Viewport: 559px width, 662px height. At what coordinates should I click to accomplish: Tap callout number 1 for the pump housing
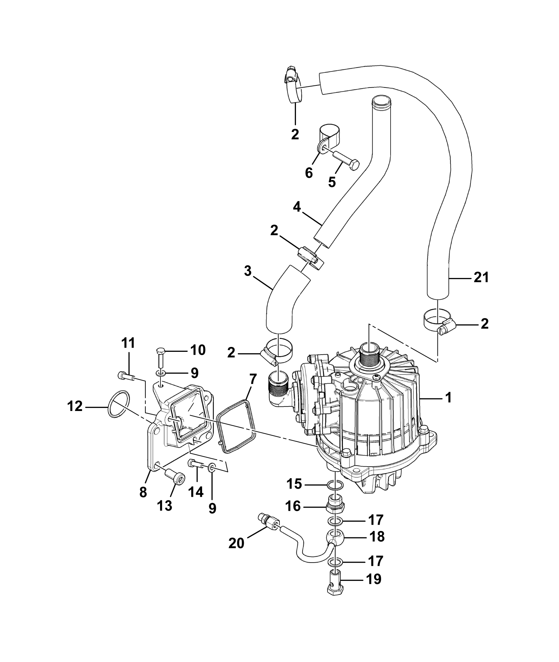(449, 398)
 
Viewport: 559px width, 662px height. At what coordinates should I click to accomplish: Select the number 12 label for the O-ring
(75, 407)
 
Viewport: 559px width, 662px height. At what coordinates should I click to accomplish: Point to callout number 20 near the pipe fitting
(236, 553)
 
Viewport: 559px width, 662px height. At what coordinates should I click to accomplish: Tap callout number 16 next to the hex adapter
(294, 506)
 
